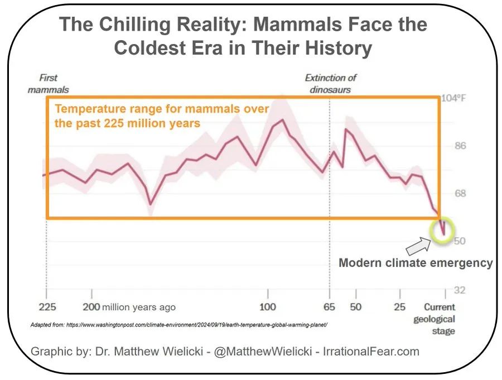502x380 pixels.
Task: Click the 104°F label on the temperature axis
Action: point(453,98)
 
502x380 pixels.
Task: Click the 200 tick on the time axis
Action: point(91,307)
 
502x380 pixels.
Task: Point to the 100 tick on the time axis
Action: point(268,307)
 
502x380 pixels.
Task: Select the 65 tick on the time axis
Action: point(330,307)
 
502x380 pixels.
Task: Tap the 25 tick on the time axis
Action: point(400,307)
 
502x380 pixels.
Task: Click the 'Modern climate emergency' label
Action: point(416,263)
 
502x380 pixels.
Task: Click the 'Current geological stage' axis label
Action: point(440,319)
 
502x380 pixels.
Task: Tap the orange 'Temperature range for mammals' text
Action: point(161,116)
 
